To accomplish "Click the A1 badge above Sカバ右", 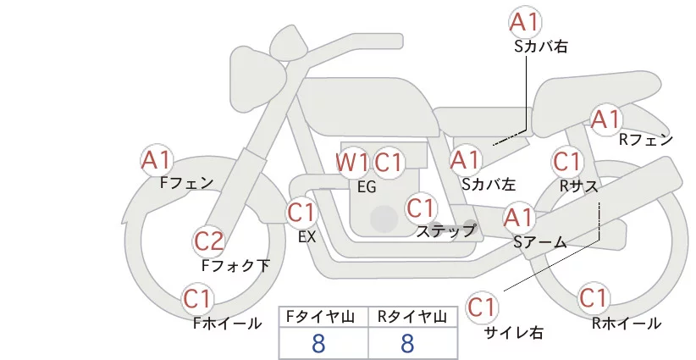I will pos(526,22).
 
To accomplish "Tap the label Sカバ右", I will pos(541,47).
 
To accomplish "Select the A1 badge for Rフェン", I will pos(606,119).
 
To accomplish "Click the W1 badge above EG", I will pos(351,162).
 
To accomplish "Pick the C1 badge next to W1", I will pos(389,162).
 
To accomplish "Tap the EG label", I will pos(367,187).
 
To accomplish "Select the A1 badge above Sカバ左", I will pos(465,158).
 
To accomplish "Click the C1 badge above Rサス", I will pos(566,160).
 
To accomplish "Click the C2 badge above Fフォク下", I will pos(208,241).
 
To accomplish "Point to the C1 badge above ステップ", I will pos(421,207).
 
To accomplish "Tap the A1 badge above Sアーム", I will pos(518,217).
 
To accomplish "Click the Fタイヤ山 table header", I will pos(324,317).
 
